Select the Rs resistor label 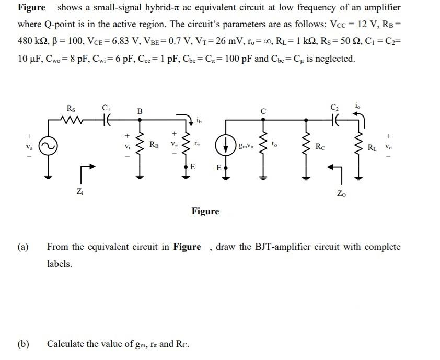point(72,108)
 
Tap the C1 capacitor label point(106,108)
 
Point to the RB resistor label point(155,143)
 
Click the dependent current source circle point(226,146)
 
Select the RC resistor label point(319,147)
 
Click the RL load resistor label point(372,147)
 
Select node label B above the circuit point(140,111)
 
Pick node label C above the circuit point(264,111)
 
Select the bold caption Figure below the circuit point(205,211)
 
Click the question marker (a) point(23,247)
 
